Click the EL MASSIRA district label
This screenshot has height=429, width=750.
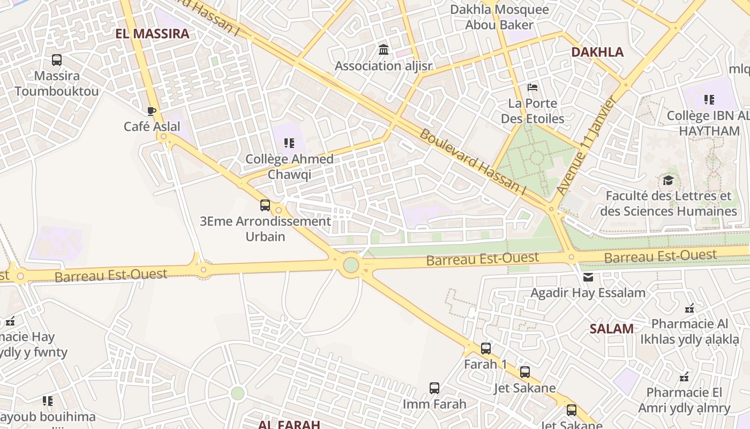point(152,34)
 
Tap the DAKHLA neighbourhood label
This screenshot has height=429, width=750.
point(597,52)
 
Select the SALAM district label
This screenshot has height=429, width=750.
point(611,329)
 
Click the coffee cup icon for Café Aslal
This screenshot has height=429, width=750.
point(152,111)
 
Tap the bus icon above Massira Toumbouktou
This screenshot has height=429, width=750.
point(57,60)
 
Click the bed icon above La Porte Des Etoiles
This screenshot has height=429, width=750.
point(532,87)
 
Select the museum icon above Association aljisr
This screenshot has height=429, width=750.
point(384,50)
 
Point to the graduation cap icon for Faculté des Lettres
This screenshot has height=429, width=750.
point(668,180)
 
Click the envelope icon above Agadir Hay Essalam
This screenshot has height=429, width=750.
point(588,277)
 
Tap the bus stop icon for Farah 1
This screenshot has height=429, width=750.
point(485,349)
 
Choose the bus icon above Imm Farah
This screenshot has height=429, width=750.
point(434,388)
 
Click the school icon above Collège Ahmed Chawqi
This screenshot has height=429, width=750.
point(289,143)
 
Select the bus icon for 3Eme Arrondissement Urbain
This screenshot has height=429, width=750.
point(265,205)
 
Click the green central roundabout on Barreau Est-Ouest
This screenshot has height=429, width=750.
point(351,265)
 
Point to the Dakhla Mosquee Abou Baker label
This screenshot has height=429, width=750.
point(499,17)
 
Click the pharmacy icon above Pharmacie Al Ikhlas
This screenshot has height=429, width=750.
point(689,308)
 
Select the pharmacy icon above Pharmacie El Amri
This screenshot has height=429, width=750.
point(684,376)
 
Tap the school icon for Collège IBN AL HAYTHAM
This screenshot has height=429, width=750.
point(709,99)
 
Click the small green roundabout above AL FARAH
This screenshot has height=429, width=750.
point(237,393)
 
